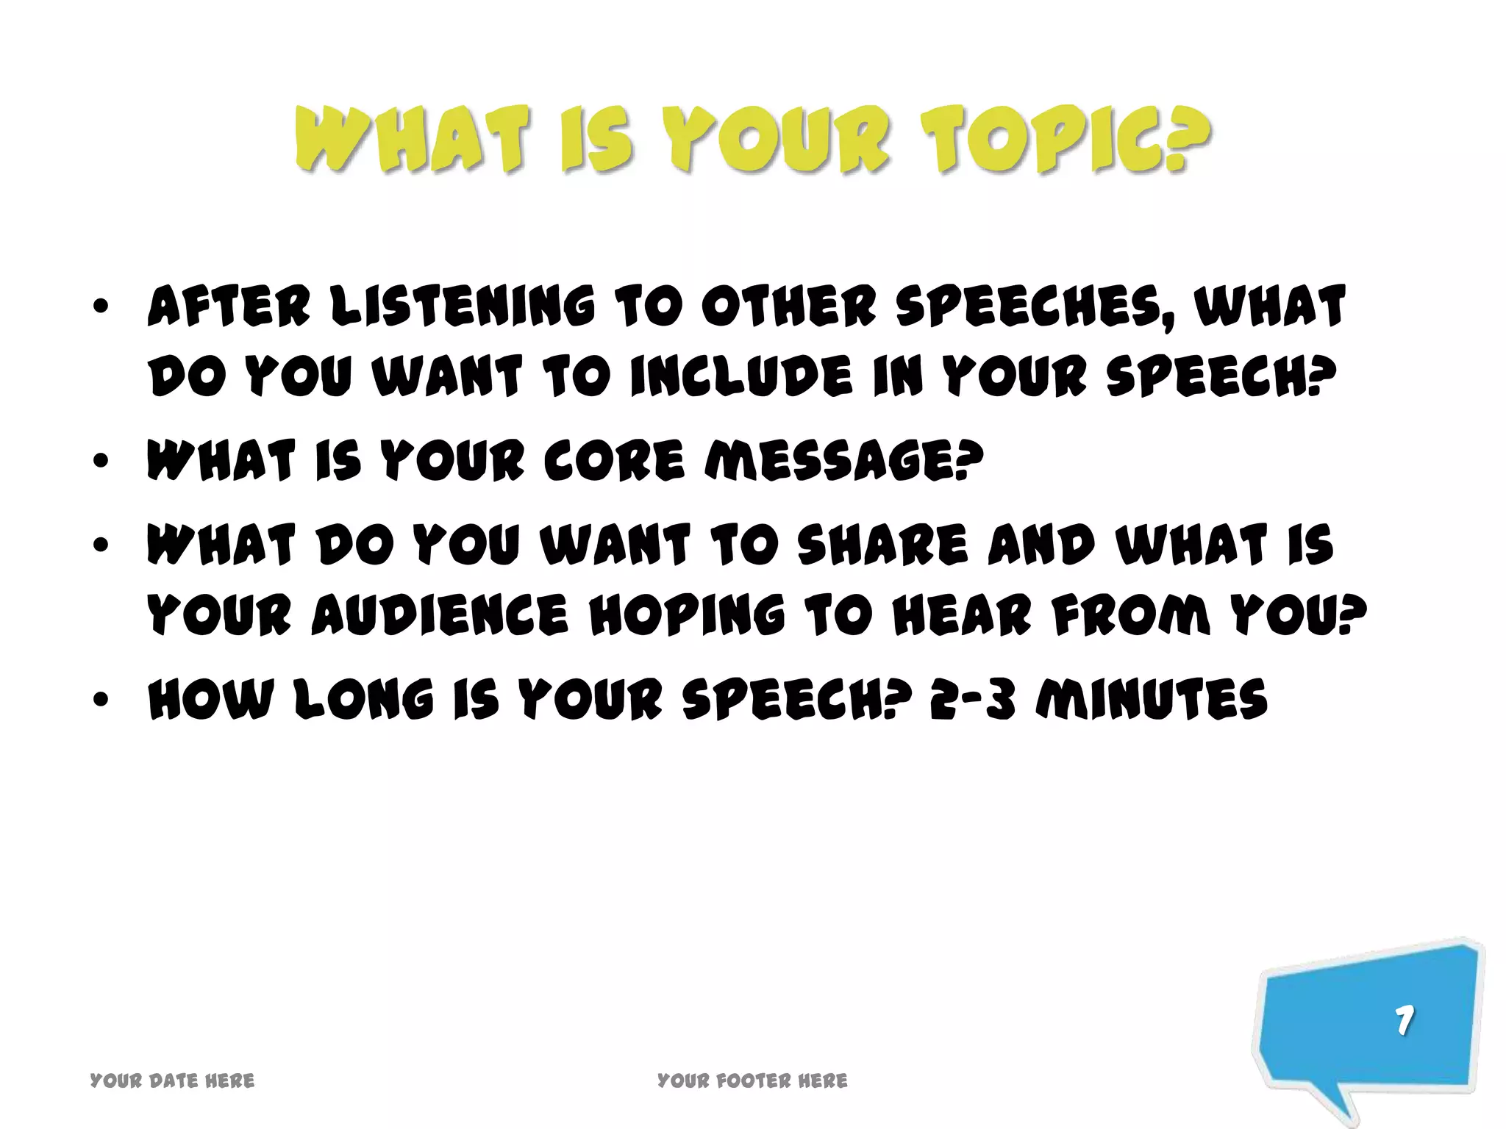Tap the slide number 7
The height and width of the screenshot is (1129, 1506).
pos(1405,1020)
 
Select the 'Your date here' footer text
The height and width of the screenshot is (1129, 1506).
pos(172,1080)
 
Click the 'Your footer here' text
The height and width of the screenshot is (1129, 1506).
pos(752,1080)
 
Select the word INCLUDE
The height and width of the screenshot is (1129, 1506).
pos(741,376)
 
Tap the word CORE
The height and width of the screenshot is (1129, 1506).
pos(614,461)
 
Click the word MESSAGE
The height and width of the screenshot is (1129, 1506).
pos(843,461)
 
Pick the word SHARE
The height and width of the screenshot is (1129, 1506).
pos(882,545)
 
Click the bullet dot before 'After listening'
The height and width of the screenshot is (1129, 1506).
pos(101,306)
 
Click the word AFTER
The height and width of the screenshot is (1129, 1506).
pos(229,306)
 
